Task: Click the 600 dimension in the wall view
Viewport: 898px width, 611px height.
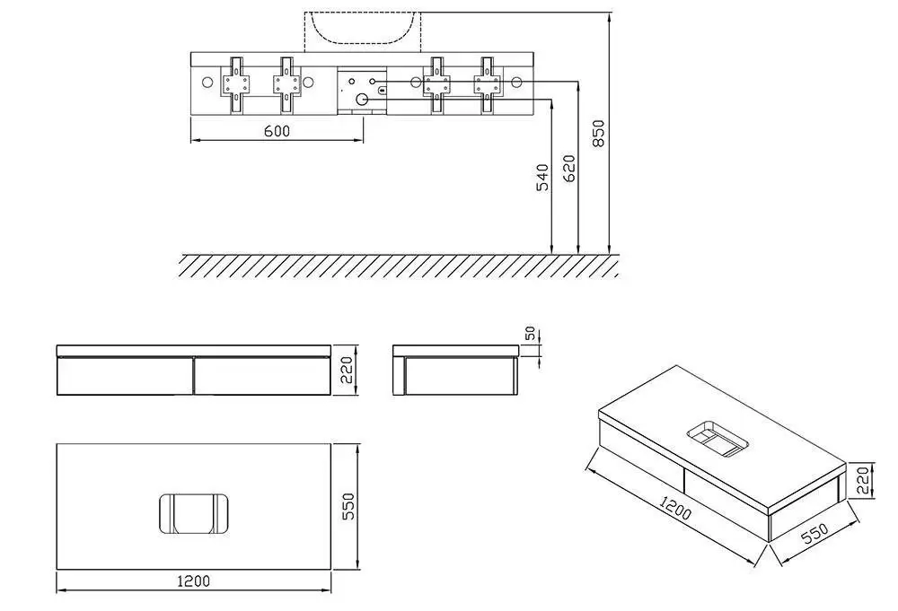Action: click(x=277, y=131)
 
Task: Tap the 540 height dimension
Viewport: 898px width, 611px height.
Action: click(x=542, y=178)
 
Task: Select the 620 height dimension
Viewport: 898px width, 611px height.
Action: click(x=569, y=168)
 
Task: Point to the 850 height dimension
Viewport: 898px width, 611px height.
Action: click(x=598, y=134)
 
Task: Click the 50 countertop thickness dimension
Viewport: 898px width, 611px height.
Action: click(x=530, y=333)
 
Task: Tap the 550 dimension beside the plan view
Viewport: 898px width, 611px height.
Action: click(x=348, y=506)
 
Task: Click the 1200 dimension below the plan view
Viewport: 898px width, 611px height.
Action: click(x=194, y=581)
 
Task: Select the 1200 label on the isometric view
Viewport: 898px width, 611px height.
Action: click(x=675, y=508)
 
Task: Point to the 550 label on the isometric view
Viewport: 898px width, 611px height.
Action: click(x=814, y=533)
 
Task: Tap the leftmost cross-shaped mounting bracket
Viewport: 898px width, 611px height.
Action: click(x=236, y=85)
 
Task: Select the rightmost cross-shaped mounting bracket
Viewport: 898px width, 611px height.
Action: click(x=488, y=85)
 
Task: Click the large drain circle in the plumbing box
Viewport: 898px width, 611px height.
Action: click(x=361, y=100)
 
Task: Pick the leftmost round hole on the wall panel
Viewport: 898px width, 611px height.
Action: click(x=207, y=83)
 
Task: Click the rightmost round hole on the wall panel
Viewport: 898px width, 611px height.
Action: click(x=517, y=83)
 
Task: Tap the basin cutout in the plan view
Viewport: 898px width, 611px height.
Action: click(x=194, y=514)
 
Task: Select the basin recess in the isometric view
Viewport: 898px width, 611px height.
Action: click(x=718, y=439)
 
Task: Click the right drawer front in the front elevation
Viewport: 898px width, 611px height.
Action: click(x=261, y=376)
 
